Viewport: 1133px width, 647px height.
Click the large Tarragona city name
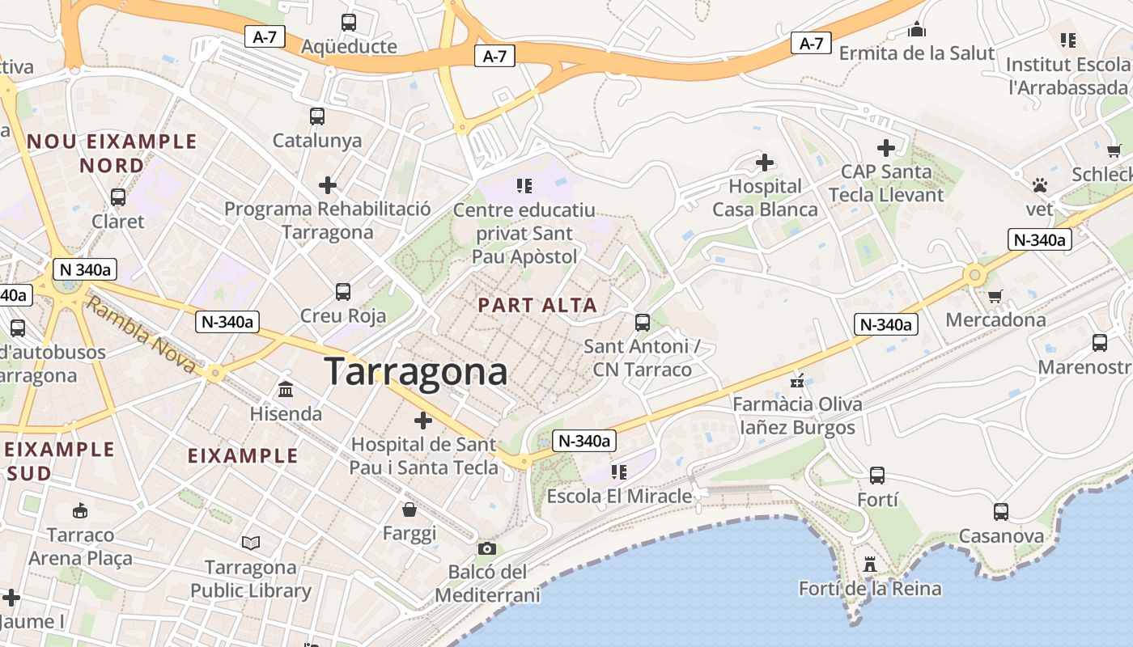[x=416, y=372]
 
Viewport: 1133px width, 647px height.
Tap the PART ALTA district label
[x=537, y=305]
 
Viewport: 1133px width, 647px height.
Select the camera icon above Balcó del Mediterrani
[x=486, y=548]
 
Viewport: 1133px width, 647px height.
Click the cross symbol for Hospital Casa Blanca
[x=765, y=163]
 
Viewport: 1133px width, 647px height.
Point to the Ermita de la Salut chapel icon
[x=916, y=31]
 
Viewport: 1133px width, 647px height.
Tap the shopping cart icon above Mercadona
[x=995, y=296]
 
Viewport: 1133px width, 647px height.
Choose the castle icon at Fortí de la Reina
[x=870, y=564]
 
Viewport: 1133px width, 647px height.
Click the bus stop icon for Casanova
[x=1001, y=511]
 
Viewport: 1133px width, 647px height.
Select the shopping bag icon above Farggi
[x=410, y=509]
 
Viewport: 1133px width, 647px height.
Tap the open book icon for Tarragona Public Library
[x=251, y=543]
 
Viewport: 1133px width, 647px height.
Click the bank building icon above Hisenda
[x=286, y=390]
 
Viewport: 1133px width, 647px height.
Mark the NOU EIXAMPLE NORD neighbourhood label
[x=112, y=153]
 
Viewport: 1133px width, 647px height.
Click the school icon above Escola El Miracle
[x=619, y=472]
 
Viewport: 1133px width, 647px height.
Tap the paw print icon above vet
[x=1040, y=185]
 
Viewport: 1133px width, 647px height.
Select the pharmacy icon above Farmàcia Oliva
[x=798, y=379]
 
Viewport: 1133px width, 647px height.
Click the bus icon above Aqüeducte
[x=349, y=23]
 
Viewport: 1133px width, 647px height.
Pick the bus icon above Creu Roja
[x=343, y=291]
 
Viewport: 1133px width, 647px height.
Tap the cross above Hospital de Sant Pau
[x=423, y=420]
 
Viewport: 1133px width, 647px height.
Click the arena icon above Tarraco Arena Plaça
[x=80, y=510]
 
